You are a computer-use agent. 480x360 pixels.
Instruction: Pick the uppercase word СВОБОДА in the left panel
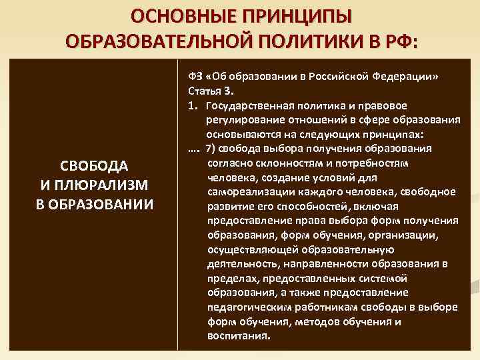click(94, 165)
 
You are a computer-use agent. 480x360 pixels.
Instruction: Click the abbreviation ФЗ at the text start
click(195, 76)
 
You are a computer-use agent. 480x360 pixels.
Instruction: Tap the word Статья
click(203, 91)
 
